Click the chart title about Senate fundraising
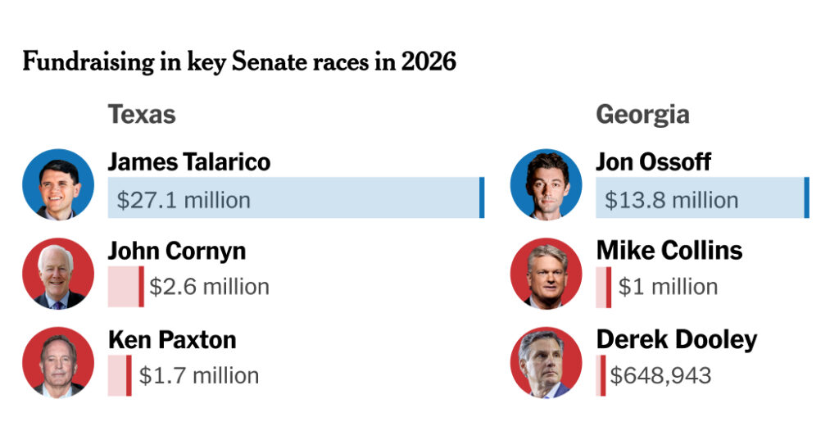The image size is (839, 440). tap(239, 62)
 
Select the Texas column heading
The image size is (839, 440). tap(142, 114)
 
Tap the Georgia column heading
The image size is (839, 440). tap(642, 114)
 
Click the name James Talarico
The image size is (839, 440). tap(189, 161)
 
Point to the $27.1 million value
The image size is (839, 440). tap(184, 200)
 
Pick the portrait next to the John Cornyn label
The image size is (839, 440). tap(57, 274)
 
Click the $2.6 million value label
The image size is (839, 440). tap(209, 287)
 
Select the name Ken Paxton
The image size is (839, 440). tap(172, 339)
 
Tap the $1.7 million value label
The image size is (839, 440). tap(199, 375)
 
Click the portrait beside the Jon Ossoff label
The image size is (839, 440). tap(546, 184)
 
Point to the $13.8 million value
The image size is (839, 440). tap(671, 200)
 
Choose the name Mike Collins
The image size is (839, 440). tap(669, 250)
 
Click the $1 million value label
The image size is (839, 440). tap(668, 287)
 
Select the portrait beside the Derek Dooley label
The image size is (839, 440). tap(546, 362)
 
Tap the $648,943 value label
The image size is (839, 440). tap(661, 375)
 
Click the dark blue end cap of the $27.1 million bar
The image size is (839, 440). tap(482, 197)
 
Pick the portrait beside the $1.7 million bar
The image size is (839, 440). tap(57, 362)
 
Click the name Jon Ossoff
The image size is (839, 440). tap(653, 161)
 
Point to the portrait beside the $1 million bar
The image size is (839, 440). tap(546, 274)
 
